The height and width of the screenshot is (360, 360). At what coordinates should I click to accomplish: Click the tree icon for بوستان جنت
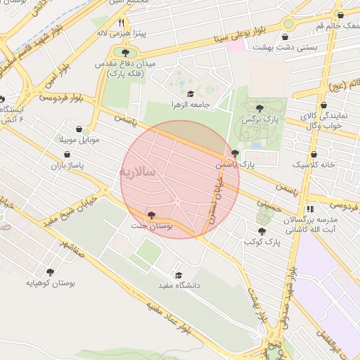pos(151,215)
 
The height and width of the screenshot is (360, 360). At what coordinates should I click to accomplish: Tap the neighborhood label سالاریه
pos(141,172)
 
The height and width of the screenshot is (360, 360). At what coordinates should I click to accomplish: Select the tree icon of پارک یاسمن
pos(234,153)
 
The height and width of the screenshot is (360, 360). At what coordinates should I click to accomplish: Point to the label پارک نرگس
pos(256,120)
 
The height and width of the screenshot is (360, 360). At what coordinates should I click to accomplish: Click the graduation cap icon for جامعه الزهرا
pos(190,94)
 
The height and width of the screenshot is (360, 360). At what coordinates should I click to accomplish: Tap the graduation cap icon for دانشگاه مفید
pos(178,275)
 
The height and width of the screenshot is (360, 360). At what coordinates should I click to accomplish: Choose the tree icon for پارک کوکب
pos(262,231)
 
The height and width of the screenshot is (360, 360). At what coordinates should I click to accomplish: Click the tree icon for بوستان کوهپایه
pos(49,272)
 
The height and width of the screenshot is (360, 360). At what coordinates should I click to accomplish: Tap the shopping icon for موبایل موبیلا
pos(86,129)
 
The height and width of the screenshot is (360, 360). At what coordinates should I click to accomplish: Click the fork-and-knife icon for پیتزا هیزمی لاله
pos(121,22)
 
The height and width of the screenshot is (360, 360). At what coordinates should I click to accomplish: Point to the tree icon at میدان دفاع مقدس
pos(124,52)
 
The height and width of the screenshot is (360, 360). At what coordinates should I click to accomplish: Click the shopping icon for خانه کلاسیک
pos(314,154)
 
